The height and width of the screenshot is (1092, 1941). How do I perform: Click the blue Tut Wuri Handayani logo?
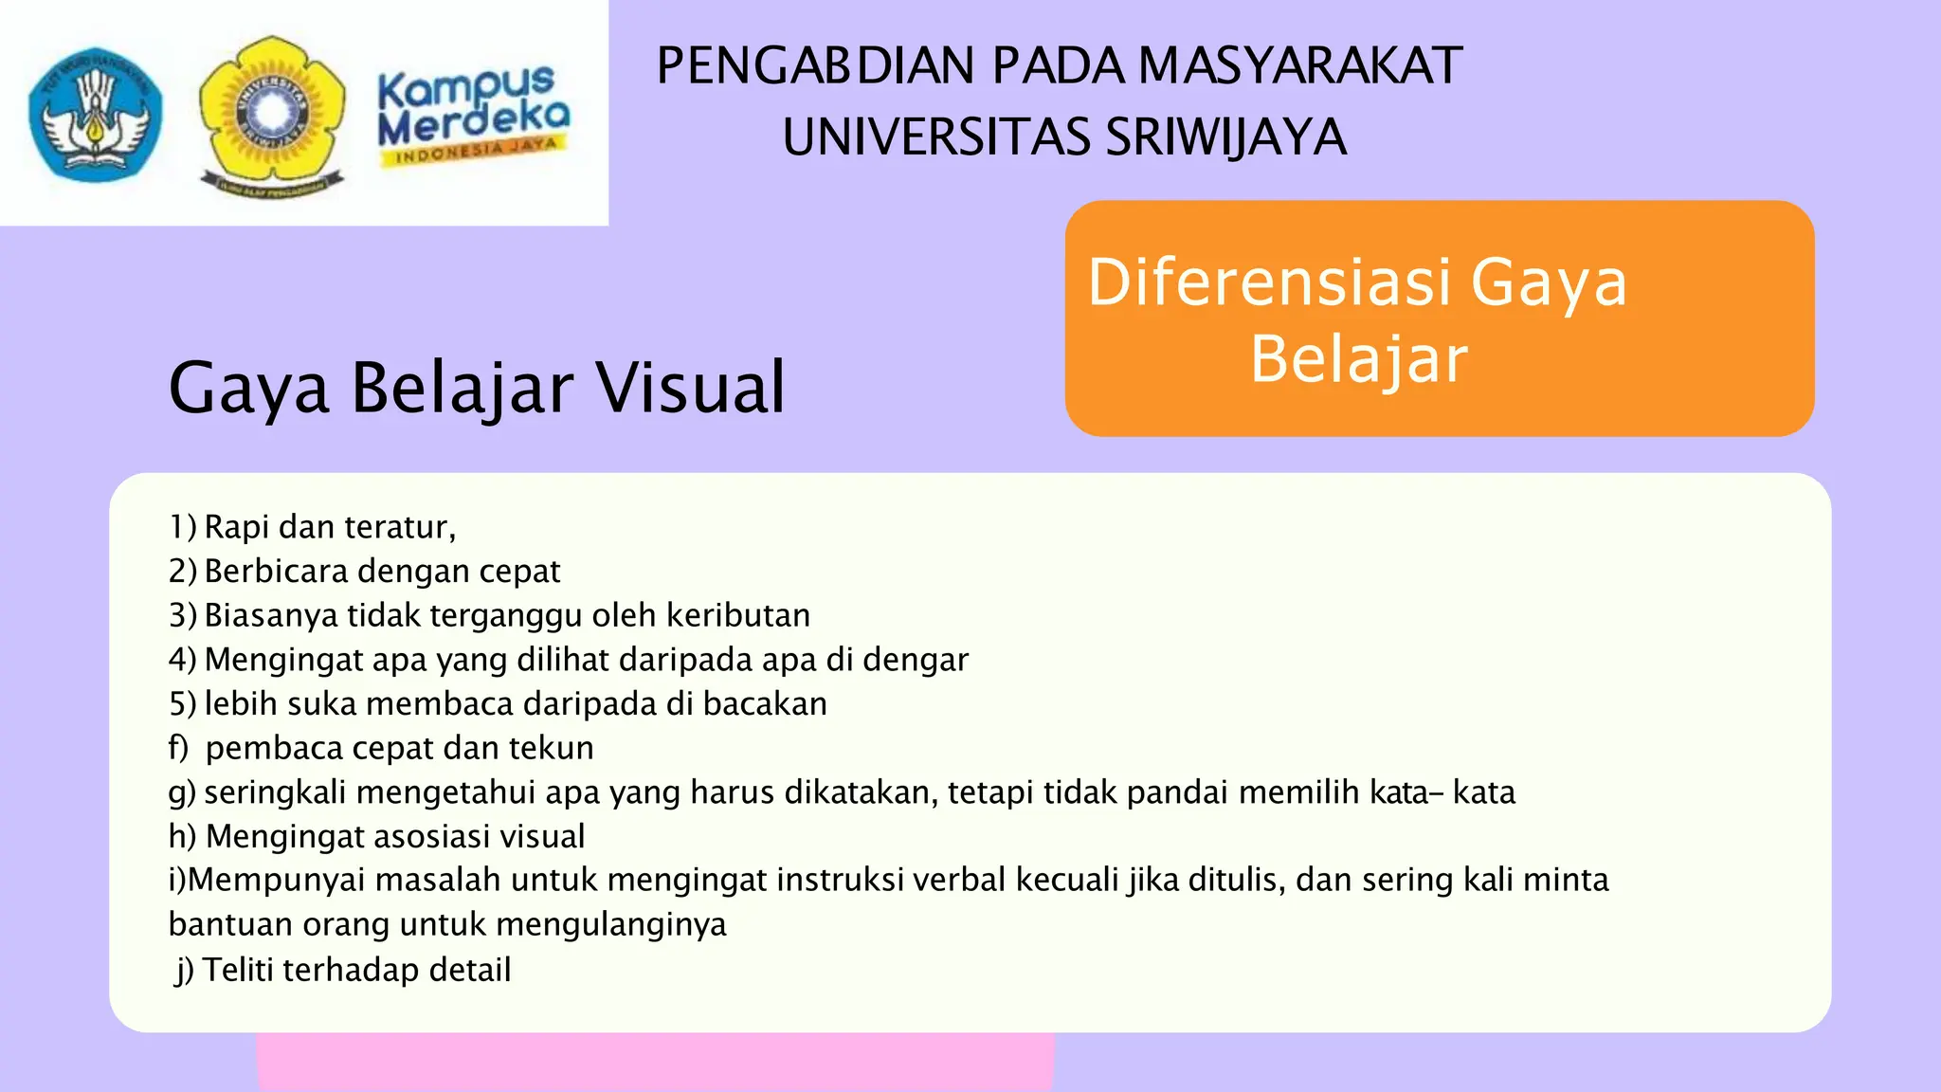[95, 114]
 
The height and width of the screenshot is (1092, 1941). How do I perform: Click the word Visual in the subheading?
[690, 388]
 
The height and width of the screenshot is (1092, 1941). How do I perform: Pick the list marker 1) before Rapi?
[183, 527]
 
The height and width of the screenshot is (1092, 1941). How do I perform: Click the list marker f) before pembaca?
[179, 748]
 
